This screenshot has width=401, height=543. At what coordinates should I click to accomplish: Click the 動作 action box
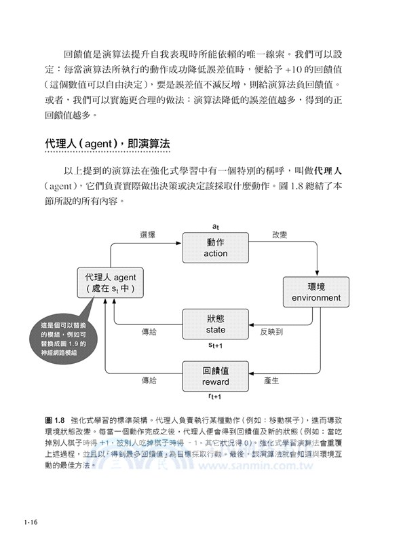(215, 248)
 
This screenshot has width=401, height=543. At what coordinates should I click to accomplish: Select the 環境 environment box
(316, 291)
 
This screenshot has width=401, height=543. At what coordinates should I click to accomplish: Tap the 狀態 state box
(215, 324)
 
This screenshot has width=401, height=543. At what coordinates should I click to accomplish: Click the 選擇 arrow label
(148, 234)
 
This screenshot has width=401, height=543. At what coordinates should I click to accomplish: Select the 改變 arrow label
(280, 234)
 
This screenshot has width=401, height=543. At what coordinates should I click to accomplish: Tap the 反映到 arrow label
(271, 333)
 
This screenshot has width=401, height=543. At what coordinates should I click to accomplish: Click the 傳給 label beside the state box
(149, 333)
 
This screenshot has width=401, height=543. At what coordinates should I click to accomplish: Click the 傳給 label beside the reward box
(149, 381)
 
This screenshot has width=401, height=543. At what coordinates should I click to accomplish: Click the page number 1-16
(30, 522)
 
